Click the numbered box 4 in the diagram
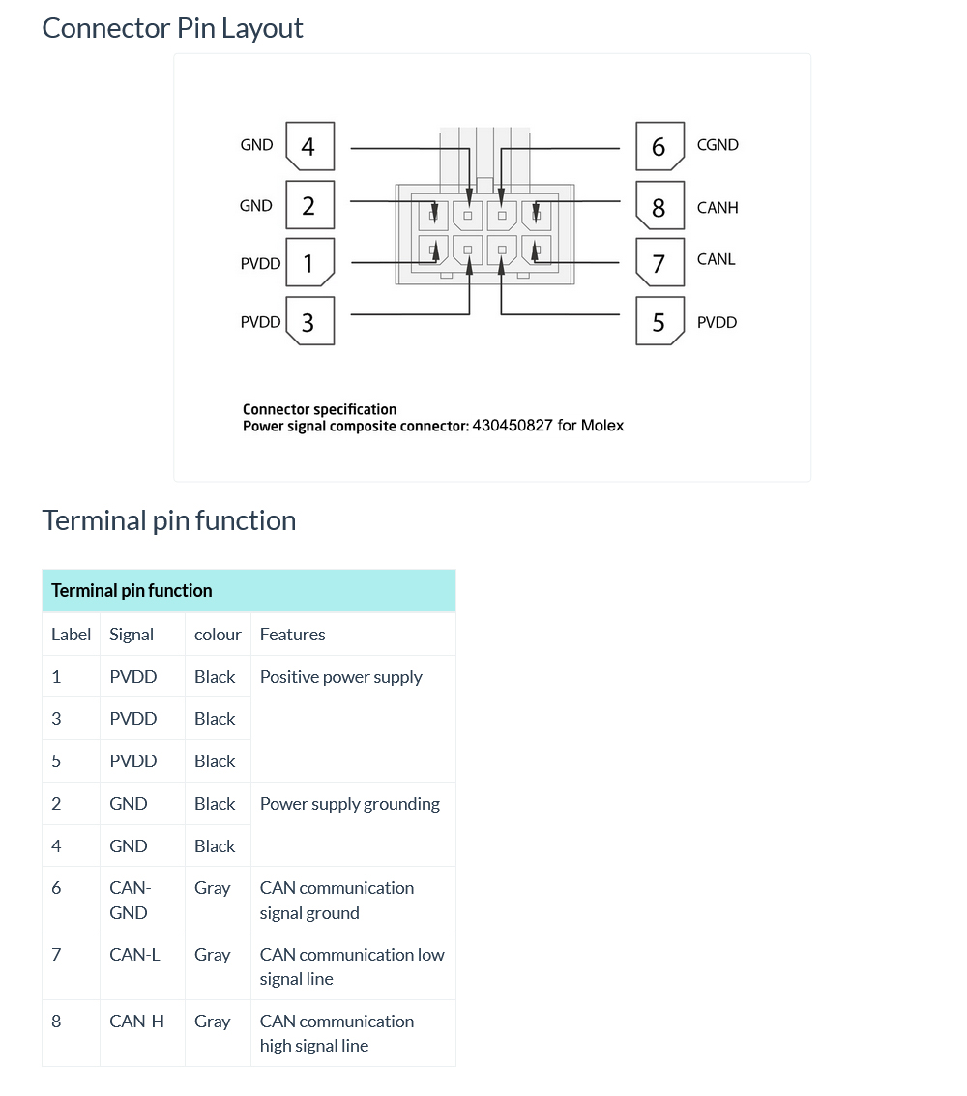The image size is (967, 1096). pyautogui.click(x=309, y=147)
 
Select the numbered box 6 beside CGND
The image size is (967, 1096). pyautogui.click(x=659, y=147)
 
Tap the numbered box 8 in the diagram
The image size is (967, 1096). pyautogui.click(x=659, y=207)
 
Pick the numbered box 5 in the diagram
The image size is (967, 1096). pyautogui.click(x=659, y=322)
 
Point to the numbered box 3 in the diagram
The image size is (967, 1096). pyautogui.click(x=309, y=322)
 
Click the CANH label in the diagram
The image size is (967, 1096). pyautogui.click(x=718, y=208)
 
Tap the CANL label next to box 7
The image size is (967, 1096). pyautogui.click(x=716, y=259)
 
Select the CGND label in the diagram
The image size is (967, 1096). pyautogui.click(x=718, y=145)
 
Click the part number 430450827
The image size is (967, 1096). pyautogui.click(x=513, y=426)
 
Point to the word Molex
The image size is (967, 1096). pyautogui.click(x=602, y=426)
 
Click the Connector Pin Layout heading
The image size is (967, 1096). pyautogui.click(x=172, y=28)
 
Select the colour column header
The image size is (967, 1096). pyautogui.click(x=218, y=635)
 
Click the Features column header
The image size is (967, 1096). pyautogui.click(x=292, y=635)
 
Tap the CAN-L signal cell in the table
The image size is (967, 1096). pyautogui.click(x=134, y=955)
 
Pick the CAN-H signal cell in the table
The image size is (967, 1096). pyautogui.click(x=136, y=1022)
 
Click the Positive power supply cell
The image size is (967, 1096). pyautogui.click(x=340, y=677)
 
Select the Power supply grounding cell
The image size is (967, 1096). pyautogui.click(x=349, y=804)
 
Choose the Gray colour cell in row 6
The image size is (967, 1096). pyautogui.click(x=212, y=888)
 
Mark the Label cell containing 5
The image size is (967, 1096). pyautogui.click(x=56, y=761)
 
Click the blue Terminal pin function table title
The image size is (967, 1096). pyautogui.click(x=132, y=591)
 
